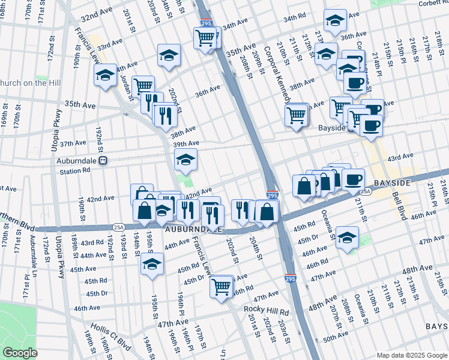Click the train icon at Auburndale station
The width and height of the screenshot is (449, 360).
103,161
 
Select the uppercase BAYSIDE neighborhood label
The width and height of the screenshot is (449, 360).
392,182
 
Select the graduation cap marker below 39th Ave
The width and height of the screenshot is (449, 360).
185,159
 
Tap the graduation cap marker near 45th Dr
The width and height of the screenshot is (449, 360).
347,237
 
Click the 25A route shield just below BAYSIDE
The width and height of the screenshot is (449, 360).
365,191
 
